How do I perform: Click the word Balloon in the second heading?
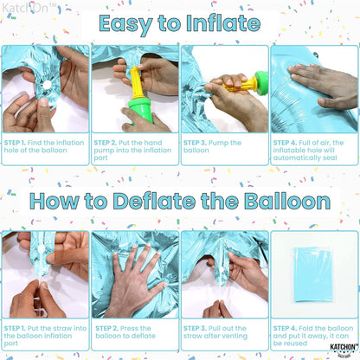[x=281, y=202]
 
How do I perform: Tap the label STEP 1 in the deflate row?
[x=16, y=328]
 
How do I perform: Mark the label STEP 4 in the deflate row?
[x=286, y=328]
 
